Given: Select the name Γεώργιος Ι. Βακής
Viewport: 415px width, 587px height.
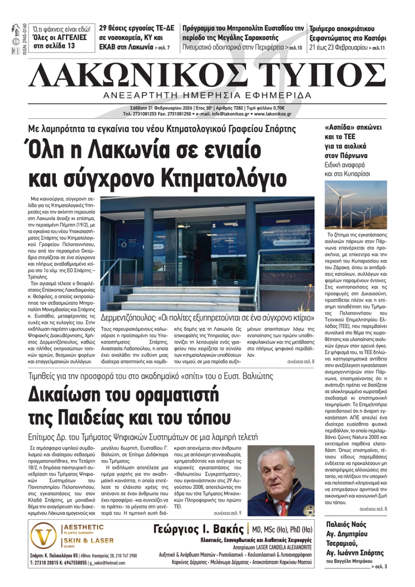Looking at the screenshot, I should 198,529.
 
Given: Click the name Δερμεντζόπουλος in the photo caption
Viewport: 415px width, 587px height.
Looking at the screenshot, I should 127,318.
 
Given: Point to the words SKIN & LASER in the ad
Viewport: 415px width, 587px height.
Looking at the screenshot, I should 89,541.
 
